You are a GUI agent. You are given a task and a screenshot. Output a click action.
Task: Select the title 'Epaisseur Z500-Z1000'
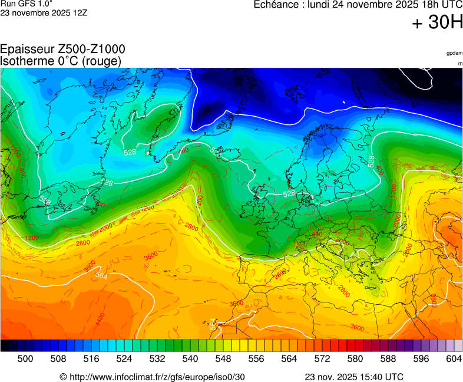(x=62, y=50)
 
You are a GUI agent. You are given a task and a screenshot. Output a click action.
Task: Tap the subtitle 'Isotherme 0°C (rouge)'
(x=61, y=61)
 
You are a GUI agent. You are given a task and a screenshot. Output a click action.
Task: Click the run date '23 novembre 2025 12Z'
(x=44, y=12)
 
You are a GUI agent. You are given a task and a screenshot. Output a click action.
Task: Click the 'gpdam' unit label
(x=454, y=53)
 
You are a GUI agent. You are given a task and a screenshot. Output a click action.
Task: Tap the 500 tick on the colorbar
(x=25, y=358)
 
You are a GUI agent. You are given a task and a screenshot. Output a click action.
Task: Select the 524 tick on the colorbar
(x=124, y=358)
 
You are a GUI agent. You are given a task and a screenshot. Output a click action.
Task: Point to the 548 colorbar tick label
(x=223, y=358)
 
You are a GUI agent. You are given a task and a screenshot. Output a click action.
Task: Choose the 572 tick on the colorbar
(x=322, y=358)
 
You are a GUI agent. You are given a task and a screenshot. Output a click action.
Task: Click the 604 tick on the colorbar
(x=454, y=358)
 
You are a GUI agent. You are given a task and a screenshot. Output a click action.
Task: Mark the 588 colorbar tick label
(x=388, y=358)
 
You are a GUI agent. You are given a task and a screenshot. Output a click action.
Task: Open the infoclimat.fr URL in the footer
(x=152, y=377)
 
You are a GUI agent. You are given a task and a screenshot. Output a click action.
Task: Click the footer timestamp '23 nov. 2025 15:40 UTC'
(x=354, y=377)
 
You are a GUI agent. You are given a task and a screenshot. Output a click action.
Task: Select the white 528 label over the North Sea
(x=289, y=193)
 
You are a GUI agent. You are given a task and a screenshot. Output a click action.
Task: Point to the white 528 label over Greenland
(x=130, y=153)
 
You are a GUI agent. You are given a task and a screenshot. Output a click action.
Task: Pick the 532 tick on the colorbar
(x=157, y=358)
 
